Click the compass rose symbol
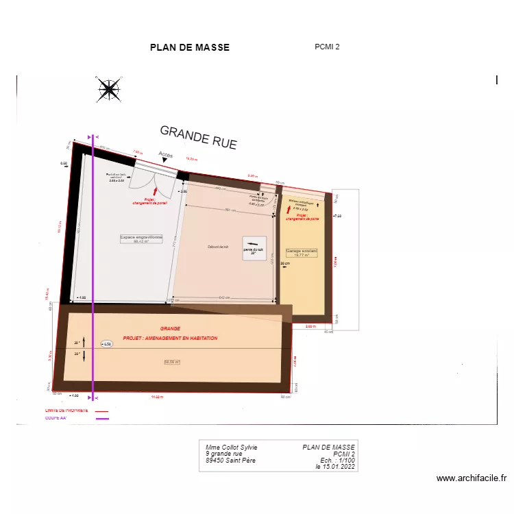(109, 89)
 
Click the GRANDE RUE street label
(198, 137)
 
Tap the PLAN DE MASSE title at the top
(190, 47)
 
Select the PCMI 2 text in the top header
(327, 47)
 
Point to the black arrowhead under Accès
(164, 160)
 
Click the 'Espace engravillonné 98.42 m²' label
(141, 239)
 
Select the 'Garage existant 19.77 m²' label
(302, 252)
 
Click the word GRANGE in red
(169, 328)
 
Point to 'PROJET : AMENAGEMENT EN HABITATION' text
(170, 339)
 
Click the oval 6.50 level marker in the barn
(107, 343)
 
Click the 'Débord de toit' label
(218, 247)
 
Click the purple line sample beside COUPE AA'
(102, 418)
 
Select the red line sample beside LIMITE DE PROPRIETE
(102, 411)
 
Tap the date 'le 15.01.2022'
(335, 467)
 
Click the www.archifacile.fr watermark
(471, 478)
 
